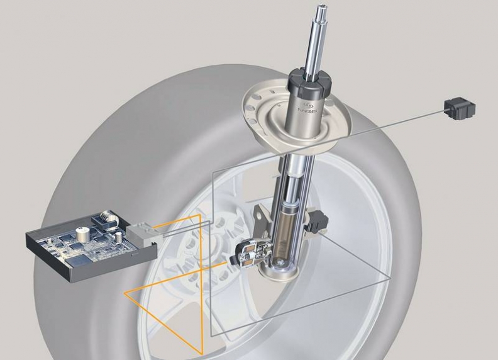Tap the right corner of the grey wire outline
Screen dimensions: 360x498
click(x=389, y=276)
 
